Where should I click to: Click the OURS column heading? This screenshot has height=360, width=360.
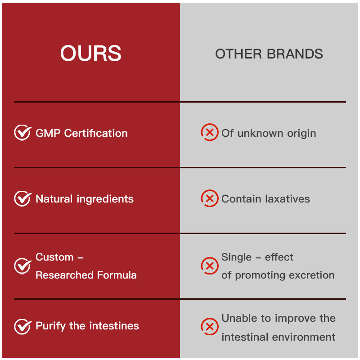pyautogui.click(x=91, y=53)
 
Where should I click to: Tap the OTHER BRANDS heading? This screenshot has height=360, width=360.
pyautogui.click(x=269, y=54)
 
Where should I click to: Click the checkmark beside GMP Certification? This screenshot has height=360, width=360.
pyautogui.click(x=23, y=132)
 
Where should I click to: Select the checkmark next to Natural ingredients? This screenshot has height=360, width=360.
pyautogui.click(x=23, y=198)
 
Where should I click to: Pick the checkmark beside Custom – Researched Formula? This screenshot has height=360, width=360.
pyautogui.click(x=23, y=266)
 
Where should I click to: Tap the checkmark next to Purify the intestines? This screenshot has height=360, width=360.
pyautogui.click(x=23, y=327)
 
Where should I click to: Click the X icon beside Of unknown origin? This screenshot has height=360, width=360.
pyautogui.click(x=210, y=132)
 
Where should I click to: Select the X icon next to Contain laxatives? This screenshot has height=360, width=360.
pyautogui.click(x=210, y=198)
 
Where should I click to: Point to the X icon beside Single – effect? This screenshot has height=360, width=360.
pyautogui.click(x=210, y=265)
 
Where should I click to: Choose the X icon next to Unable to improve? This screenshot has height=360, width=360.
pyautogui.click(x=210, y=326)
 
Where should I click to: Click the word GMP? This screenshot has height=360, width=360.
pyautogui.click(x=48, y=133)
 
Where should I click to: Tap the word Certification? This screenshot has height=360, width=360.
pyautogui.click(x=96, y=133)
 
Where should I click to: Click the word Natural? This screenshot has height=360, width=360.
pyautogui.click(x=54, y=199)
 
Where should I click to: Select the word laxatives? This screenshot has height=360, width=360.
pyautogui.click(x=288, y=199)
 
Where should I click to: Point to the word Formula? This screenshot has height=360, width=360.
pyautogui.click(x=117, y=275)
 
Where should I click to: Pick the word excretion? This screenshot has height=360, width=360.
pyautogui.click(x=311, y=275)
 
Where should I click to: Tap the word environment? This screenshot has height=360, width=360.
pyautogui.click(x=303, y=337)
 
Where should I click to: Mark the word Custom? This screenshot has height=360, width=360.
pyautogui.click(x=54, y=257)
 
